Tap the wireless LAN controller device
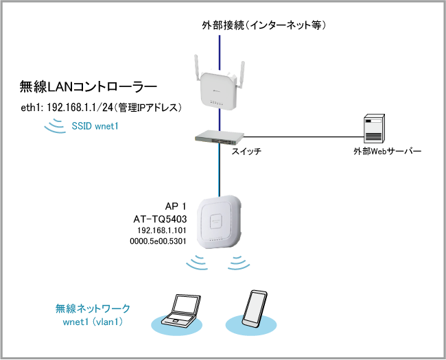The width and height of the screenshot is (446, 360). click(220, 88)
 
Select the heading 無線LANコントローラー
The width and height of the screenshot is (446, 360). click(89, 87)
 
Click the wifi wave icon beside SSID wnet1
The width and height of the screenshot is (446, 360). click(53, 126)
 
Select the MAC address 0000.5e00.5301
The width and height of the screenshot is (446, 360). click(159, 242)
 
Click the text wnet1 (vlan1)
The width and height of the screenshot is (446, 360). click(93, 320)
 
